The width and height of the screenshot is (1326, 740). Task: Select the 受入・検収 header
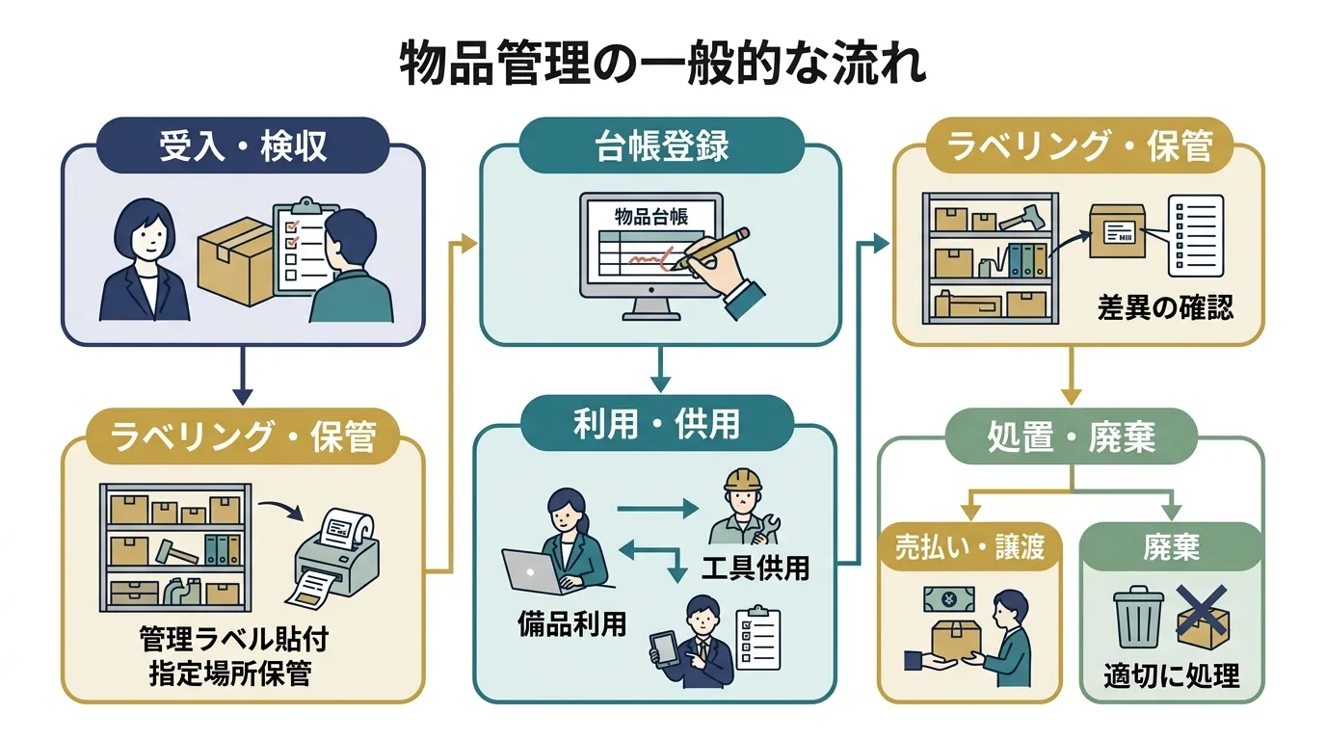pos(243,146)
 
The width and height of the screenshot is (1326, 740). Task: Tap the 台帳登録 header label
pos(661,146)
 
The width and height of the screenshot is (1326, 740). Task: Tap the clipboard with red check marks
pos(302,248)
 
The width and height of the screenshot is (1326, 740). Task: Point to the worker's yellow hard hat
pos(742,480)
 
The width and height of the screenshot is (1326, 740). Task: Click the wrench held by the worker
pos(774,528)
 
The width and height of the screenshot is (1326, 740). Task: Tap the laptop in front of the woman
pos(534,572)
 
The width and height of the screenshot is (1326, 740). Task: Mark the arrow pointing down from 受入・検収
pos(243,376)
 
